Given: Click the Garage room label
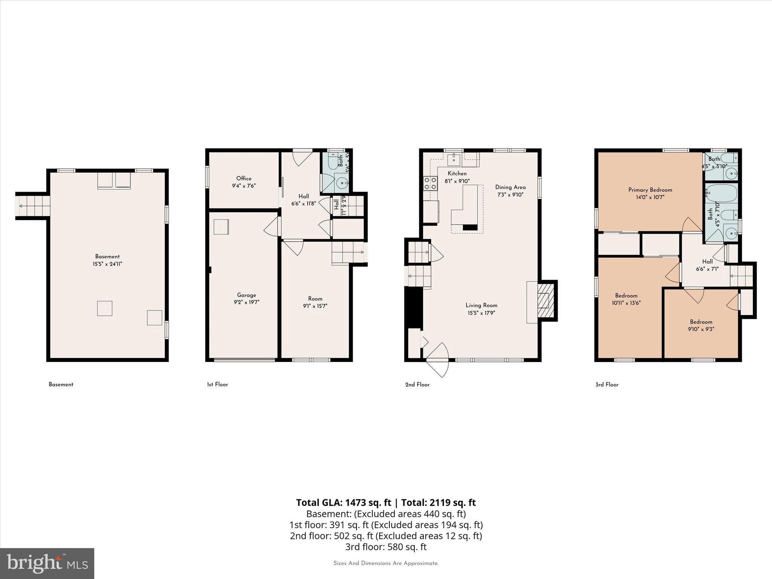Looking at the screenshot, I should tap(247, 295).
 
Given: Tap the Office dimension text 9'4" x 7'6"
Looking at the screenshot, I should tap(244, 186).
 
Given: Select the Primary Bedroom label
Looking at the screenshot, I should tap(650, 190).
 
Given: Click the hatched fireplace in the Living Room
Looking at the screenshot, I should tap(545, 301).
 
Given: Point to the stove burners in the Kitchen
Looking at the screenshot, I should tap(430, 183).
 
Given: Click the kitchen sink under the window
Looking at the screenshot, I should tap(454, 159).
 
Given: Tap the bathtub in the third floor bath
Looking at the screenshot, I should tap(721, 194).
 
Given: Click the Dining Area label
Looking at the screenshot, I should tap(510, 187).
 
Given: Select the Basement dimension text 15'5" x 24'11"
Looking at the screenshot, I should tap(107, 264).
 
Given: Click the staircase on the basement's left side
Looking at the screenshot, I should tap(33, 205).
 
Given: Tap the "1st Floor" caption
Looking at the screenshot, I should tap(218, 384).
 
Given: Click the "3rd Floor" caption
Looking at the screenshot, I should tap(607, 384).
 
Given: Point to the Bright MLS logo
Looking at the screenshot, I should tap(47, 563).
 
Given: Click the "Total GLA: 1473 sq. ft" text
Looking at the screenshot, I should tap(343, 502).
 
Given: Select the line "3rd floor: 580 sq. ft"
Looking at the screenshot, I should tap(386, 547).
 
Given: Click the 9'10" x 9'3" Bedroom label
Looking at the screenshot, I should tap(701, 322).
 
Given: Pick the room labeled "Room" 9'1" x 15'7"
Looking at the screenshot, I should tap(315, 299).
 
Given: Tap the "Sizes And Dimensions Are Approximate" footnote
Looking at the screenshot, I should tap(386, 563).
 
